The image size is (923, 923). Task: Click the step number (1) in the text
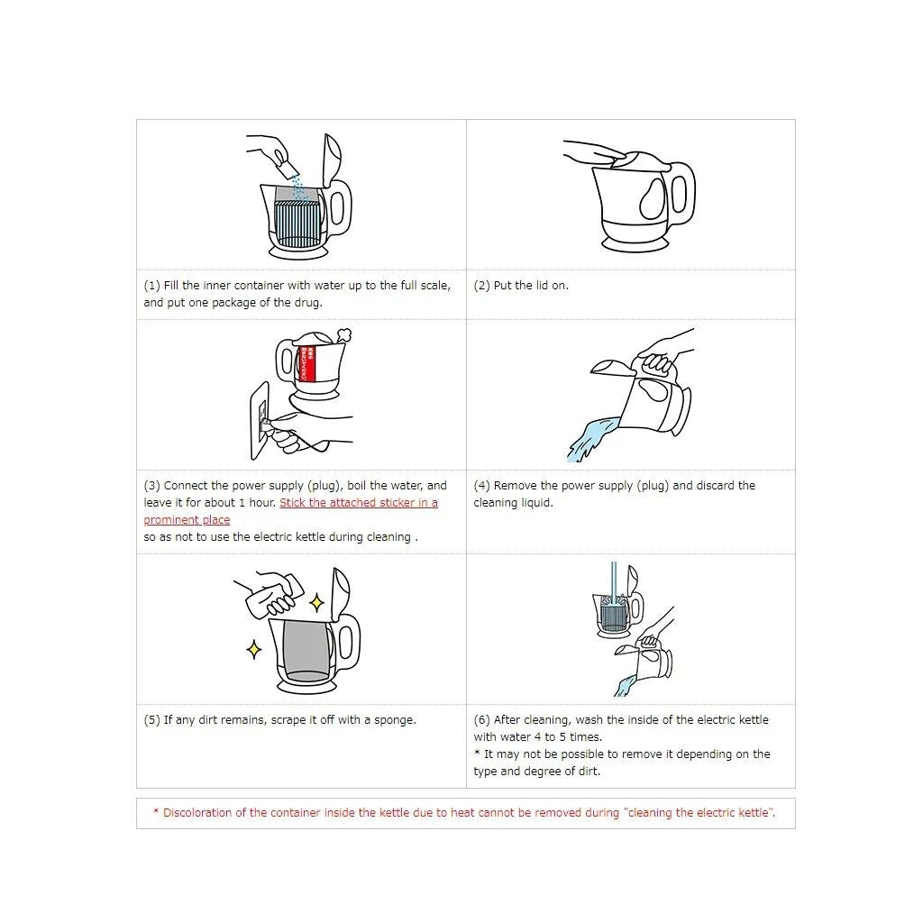tap(152, 286)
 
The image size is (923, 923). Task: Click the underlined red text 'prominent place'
tap(187, 520)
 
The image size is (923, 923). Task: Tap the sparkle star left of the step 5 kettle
tap(254, 649)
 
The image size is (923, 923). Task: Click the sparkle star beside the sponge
tap(316, 601)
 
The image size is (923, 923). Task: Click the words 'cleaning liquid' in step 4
tap(513, 503)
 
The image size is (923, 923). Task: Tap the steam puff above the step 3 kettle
tap(342, 335)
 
